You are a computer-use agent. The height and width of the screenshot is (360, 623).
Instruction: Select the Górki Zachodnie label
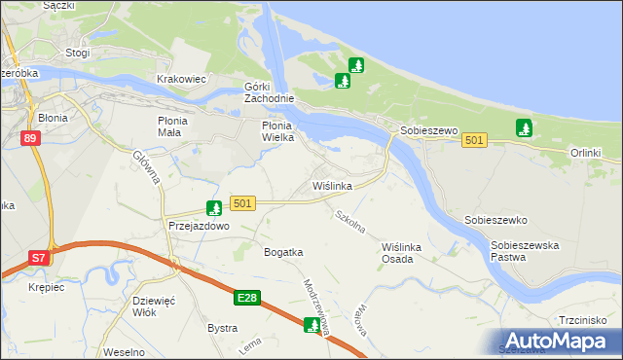268,91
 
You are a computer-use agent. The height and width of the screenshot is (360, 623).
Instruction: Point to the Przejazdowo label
198,225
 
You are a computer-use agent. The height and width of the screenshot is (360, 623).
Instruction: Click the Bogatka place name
283,252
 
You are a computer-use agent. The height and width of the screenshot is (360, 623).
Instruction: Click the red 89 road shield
31,139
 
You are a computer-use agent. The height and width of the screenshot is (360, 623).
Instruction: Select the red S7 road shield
38,258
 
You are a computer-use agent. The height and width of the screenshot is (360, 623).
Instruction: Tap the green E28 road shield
247,297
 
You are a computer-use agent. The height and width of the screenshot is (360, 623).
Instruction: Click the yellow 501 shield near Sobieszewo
474,141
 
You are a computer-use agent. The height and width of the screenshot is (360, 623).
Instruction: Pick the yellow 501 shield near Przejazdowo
243,203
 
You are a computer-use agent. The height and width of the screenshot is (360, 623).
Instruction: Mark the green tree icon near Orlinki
524,127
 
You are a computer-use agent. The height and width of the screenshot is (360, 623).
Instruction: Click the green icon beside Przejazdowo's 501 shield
213,207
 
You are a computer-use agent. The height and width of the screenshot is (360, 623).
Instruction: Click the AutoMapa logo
559,341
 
